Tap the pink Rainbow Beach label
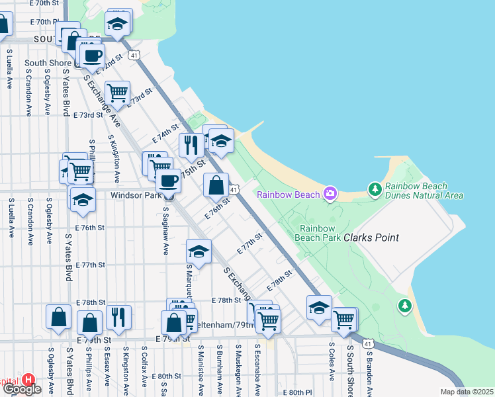(x=288, y=195)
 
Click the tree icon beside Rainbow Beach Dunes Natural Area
(x=375, y=191)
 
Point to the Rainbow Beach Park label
(x=317, y=232)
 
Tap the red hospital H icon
(x=28, y=380)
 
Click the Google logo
(x=21, y=389)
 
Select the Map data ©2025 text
(x=467, y=392)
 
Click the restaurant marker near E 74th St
(x=191, y=145)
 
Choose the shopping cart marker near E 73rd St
(x=117, y=93)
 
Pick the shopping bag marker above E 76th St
(x=216, y=185)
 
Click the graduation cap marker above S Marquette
(x=199, y=251)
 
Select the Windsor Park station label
(x=135, y=195)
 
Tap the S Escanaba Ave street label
(x=255, y=370)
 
